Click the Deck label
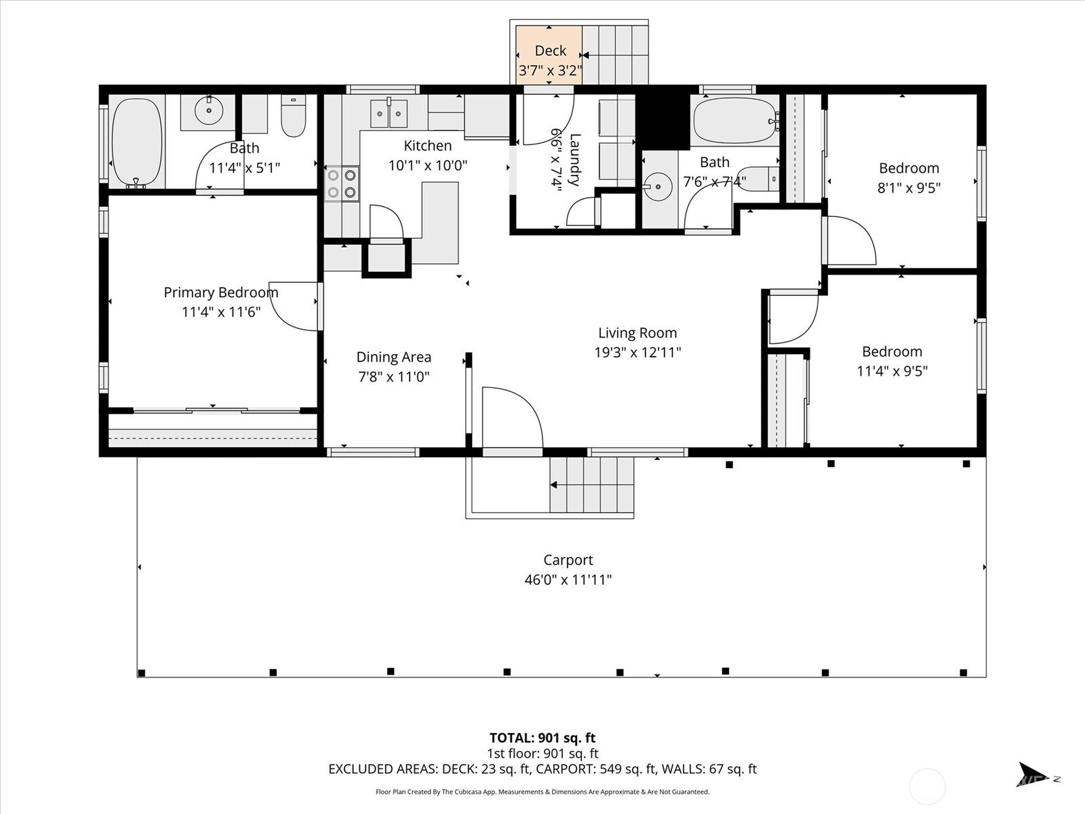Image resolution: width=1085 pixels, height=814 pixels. tap(550, 50)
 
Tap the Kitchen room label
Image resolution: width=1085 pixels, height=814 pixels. tap(428, 146)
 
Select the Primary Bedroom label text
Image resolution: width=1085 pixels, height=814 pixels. tap(221, 292)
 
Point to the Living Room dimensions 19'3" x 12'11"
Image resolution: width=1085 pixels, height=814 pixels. tap(637, 352)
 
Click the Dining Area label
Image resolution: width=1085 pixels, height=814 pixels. tap(393, 357)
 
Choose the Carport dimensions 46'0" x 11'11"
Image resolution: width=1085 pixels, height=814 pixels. tap(568, 579)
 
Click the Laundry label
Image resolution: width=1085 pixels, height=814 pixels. tap(574, 159)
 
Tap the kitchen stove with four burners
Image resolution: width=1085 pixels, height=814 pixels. tap(342, 183)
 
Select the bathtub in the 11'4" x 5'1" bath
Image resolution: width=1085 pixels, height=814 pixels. tap(137, 142)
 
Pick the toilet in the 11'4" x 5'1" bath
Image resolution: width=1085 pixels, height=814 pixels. tap(293, 115)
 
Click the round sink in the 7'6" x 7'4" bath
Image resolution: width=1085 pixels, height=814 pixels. tap(658, 187)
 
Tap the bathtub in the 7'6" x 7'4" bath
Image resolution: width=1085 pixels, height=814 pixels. tap(735, 121)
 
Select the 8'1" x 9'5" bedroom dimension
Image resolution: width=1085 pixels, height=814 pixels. tap(909, 188)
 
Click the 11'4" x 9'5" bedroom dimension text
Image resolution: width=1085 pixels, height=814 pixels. tap(892, 370)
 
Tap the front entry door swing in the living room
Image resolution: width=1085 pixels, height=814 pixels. tap(513, 418)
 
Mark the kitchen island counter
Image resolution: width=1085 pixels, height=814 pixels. tap(439, 223)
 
